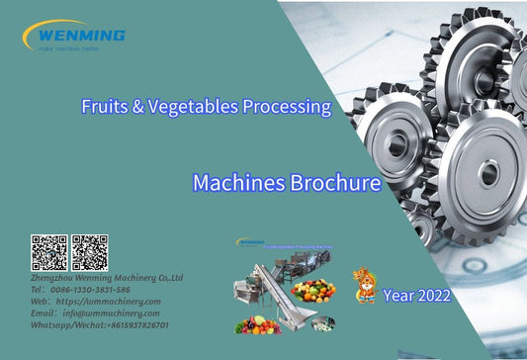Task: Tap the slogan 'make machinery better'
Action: click(68, 47)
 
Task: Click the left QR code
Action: click(48, 253)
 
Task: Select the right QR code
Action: click(89, 253)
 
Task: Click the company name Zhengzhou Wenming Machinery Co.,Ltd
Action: click(107, 279)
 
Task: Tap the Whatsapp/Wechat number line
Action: click(100, 325)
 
